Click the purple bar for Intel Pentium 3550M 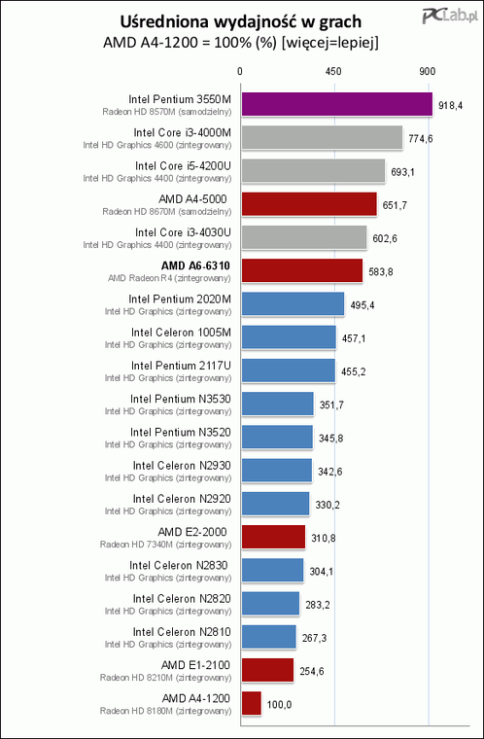point(335,104)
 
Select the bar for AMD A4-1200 point(251,703)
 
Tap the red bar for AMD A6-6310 point(300,270)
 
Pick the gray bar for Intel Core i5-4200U point(312,170)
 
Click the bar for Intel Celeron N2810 point(267,636)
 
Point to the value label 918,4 point(452,104)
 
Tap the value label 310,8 point(325,537)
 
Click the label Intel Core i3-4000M point(182,131)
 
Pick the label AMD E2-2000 point(194,531)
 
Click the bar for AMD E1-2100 point(266,670)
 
